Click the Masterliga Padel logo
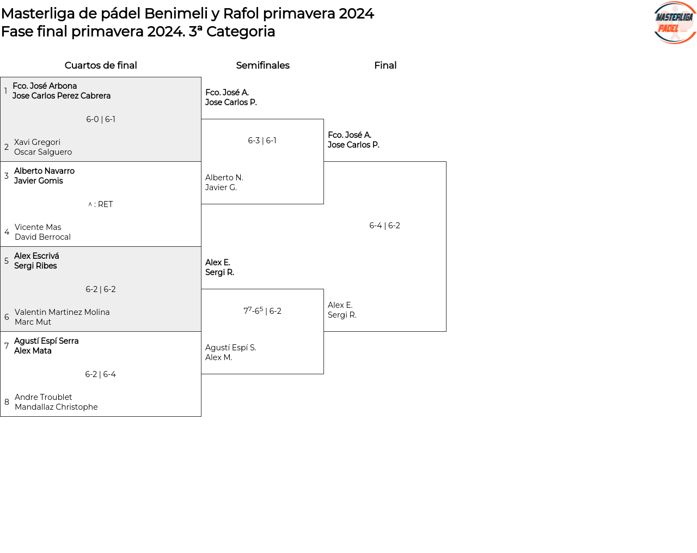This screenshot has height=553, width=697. [675, 23]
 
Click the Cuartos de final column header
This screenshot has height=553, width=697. [101, 65]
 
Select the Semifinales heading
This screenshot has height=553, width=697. [262, 65]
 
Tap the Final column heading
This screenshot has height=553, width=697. [385, 65]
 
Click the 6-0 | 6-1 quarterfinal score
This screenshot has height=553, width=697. [101, 119]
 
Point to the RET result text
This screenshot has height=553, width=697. [105, 204]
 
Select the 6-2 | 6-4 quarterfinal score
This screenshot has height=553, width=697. [101, 374]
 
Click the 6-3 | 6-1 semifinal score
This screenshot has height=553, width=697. [262, 141]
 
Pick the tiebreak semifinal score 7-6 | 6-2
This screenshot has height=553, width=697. [262, 311]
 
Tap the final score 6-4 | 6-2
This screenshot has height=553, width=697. [384, 226]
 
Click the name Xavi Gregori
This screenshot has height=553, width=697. [37, 142]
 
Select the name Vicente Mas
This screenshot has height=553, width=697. [38, 227]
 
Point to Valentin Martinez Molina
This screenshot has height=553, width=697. [62, 312]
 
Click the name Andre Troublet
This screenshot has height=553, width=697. [43, 397]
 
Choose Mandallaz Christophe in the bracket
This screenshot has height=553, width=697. [56, 407]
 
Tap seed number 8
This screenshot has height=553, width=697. [7, 402]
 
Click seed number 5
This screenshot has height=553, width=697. [7, 261]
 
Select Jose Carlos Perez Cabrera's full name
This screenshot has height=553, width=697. [62, 96]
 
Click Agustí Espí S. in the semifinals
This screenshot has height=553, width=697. [230, 348]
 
